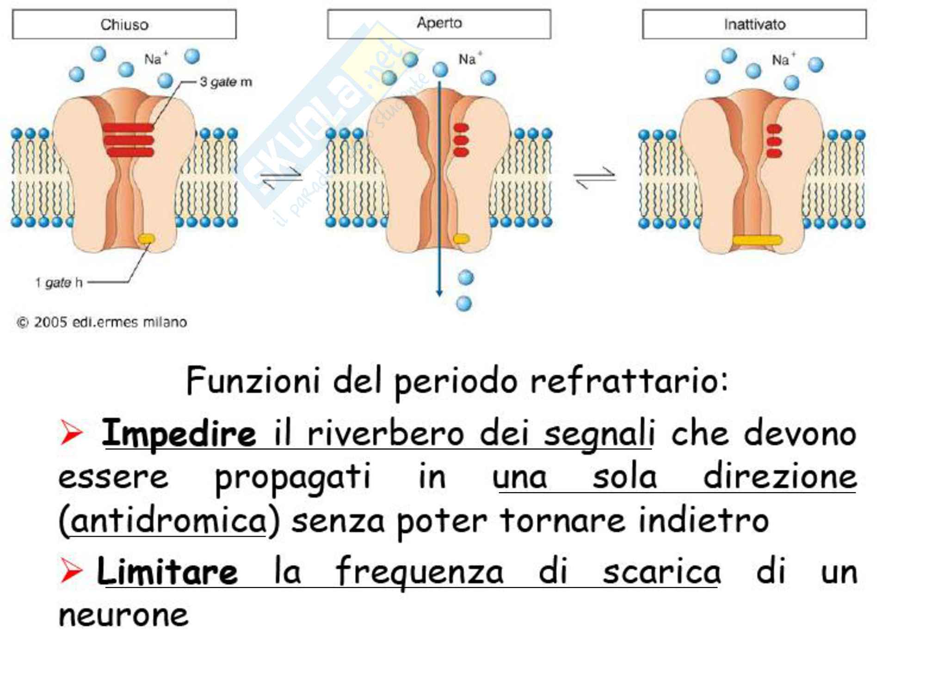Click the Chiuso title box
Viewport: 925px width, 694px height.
(124, 24)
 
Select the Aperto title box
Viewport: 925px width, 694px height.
(439, 24)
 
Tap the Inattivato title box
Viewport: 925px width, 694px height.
(754, 24)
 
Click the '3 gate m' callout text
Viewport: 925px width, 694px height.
(226, 82)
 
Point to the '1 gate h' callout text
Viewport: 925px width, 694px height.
(59, 282)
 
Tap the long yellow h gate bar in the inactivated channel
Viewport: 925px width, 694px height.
(757, 240)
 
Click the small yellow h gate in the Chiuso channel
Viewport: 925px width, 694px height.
(147, 239)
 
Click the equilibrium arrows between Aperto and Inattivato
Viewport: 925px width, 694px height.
(595, 178)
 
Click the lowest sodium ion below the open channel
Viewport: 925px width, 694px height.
(464, 304)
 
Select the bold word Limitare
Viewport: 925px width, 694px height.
(167, 572)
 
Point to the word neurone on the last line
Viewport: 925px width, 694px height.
(123, 615)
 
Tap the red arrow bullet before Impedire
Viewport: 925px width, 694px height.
(71, 433)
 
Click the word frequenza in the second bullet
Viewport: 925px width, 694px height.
(419, 572)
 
